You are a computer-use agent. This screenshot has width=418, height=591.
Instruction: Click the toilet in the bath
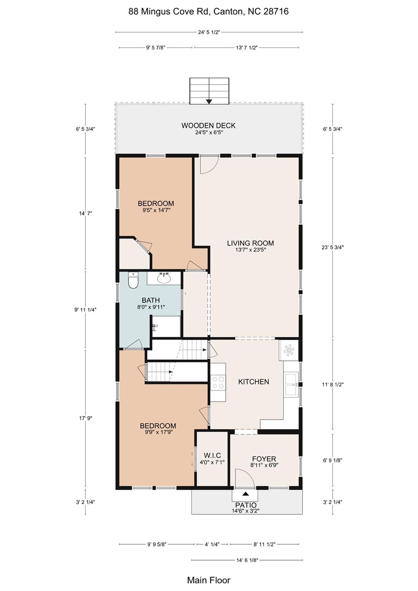click(x=133, y=280)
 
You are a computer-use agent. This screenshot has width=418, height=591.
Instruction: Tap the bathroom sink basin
click(x=164, y=278)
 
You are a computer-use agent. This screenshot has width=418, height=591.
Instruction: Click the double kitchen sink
click(x=291, y=384)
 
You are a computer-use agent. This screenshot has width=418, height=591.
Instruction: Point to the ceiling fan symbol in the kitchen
click(x=289, y=350)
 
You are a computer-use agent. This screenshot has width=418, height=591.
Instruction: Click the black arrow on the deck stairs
click(x=209, y=102)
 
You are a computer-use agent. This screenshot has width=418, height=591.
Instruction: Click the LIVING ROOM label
click(x=251, y=243)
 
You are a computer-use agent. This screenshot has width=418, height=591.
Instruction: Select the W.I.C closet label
click(x=212, y=456)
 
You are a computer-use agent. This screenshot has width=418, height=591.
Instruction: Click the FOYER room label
click(x=264, y=459)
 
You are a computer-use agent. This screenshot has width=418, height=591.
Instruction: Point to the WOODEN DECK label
click(x=209, y=125)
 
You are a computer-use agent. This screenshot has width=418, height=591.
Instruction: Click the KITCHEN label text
click(x=254, y=382)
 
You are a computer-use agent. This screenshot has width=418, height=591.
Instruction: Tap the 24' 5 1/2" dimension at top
click(x=209, y=32)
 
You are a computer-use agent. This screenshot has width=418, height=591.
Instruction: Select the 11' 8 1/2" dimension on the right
click(x=333, y=384)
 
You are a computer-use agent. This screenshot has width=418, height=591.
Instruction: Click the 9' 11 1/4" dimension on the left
click(x=85, y=309)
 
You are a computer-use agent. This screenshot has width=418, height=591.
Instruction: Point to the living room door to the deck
click(x=209, y=165)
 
